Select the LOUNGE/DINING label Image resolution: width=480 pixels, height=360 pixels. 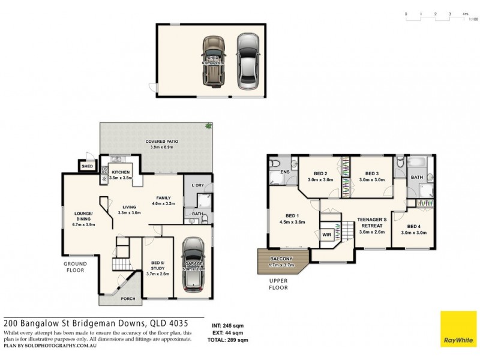pyautogui.click(x=83, y=218)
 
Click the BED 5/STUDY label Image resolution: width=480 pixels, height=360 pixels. pyautogui.click(x=158, y=269)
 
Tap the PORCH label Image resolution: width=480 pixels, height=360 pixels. pyautogui.click(x=128, y=299)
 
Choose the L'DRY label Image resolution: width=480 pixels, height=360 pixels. pyautogui.click(x=198, y=185)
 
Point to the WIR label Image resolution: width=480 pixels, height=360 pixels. pyautogui.click(x=327, y=235)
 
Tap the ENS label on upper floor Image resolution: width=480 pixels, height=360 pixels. pyautogui.click(x=285, y=171)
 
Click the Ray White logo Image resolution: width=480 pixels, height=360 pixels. pyautogui.click(x=458, y=329)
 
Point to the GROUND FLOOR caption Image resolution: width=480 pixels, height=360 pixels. pyautogui.click(x=75, y=266)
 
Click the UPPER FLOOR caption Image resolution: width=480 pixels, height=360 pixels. pyautogui.click(x=278, y=284)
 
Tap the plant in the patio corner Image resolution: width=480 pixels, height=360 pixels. pyautogui.click(x=208, y=127)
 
